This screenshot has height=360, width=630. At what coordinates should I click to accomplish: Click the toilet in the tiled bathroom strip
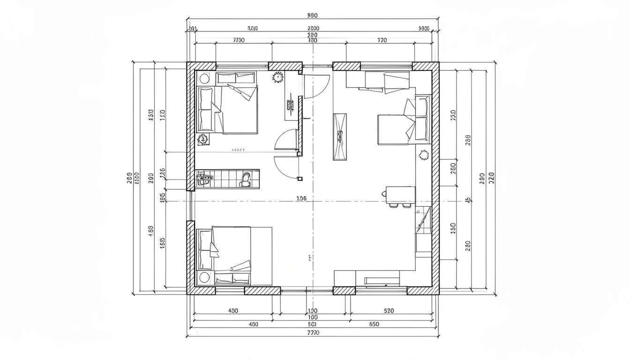click(245, 179)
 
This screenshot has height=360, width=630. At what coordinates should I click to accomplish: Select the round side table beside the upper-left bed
click(204, 78)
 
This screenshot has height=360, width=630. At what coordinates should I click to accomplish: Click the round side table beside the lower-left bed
click(204, 277)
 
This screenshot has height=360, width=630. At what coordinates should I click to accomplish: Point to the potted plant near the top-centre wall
click(278, 77)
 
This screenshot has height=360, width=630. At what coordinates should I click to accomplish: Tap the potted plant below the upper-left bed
click(203, 139)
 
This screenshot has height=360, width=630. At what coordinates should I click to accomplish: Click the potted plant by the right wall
click(424, 155)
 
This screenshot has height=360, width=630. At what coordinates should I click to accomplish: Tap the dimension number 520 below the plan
click(389, 310)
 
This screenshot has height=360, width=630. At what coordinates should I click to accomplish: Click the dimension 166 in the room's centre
click(302, 198)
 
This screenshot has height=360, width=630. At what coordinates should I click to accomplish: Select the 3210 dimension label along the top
click(252, 29)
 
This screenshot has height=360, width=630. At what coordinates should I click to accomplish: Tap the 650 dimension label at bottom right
click(374, 324)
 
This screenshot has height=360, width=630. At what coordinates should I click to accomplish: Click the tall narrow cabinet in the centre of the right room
click(341, 137)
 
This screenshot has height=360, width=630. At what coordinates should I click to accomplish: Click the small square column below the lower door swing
click(300, 179)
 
